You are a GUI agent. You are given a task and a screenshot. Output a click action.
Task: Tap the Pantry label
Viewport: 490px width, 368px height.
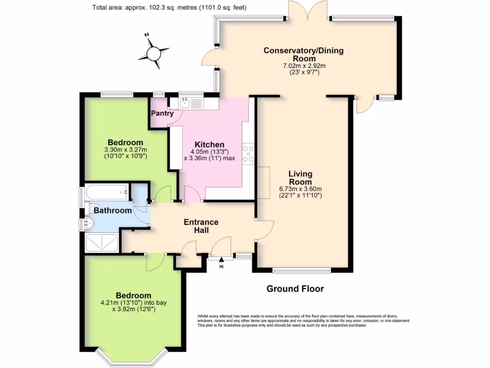coord(162,114)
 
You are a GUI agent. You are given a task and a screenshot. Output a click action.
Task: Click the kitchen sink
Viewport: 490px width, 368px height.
coord(185,103)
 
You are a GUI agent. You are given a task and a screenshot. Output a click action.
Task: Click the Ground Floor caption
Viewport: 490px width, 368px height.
coord(295,288)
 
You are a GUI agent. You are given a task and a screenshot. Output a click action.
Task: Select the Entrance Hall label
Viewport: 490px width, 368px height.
coord(201,226)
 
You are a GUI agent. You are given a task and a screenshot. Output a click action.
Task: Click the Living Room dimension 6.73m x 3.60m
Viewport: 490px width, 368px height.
coord(301,192)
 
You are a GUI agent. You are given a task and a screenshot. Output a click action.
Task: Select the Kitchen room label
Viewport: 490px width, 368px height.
coord(209,145)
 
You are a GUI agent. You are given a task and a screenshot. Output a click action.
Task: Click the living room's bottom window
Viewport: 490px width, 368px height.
coord(301,270)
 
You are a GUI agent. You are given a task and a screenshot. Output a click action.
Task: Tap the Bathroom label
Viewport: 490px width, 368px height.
coord(112,210)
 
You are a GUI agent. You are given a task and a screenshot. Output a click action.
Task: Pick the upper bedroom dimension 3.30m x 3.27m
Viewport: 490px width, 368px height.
coord(125,153)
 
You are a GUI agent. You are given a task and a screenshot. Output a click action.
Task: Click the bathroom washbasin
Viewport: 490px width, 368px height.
coord(88,223)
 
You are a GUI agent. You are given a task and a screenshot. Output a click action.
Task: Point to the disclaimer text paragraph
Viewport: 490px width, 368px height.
coord(303,321)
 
